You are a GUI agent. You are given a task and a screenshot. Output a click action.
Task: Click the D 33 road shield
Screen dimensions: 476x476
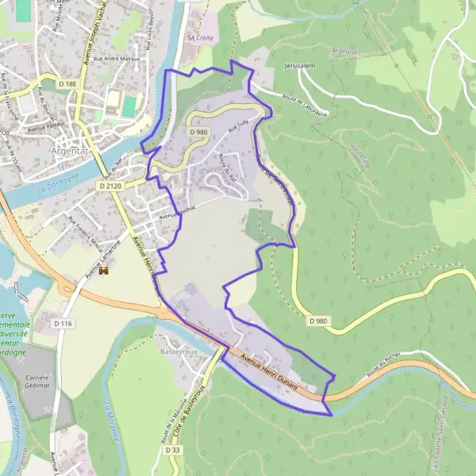pyautogui.click(x=174, y=450)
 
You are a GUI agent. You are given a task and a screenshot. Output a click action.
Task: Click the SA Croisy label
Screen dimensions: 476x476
pyautogui.click(x=200, y=36)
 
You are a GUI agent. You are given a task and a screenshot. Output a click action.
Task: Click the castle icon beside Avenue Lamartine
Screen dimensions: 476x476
pyautogui.click(x=103, y=272)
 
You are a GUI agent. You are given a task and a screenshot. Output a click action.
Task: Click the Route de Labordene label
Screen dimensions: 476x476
pyautogui.click(x=305, y=100)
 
